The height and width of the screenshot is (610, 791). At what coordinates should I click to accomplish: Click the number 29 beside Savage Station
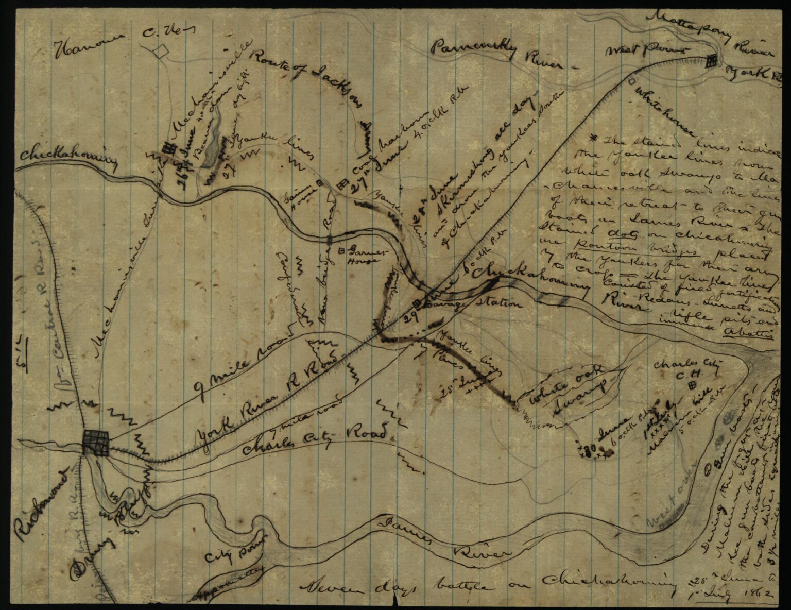[x=409, y=316]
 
